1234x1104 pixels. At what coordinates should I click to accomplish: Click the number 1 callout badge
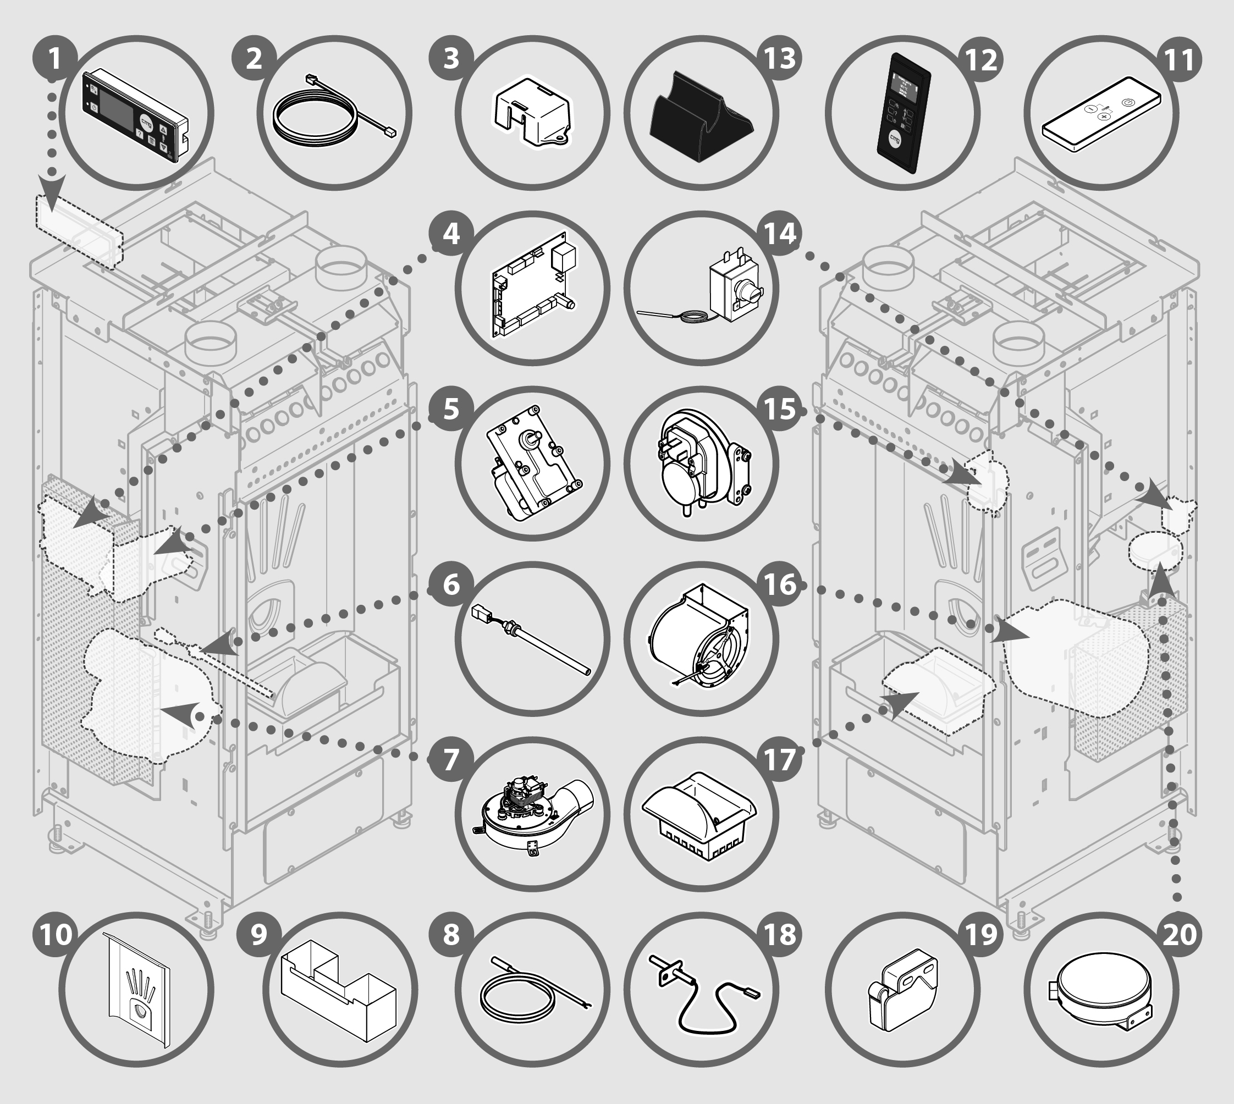[55, 59]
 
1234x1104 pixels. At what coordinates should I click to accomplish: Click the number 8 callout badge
[451, 935]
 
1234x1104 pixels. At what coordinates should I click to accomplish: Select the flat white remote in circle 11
[1101, 113]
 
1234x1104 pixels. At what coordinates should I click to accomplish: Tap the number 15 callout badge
[781, 409]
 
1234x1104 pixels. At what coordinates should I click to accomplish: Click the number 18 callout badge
[781, 935]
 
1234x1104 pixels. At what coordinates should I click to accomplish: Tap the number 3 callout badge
[451, 59]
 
